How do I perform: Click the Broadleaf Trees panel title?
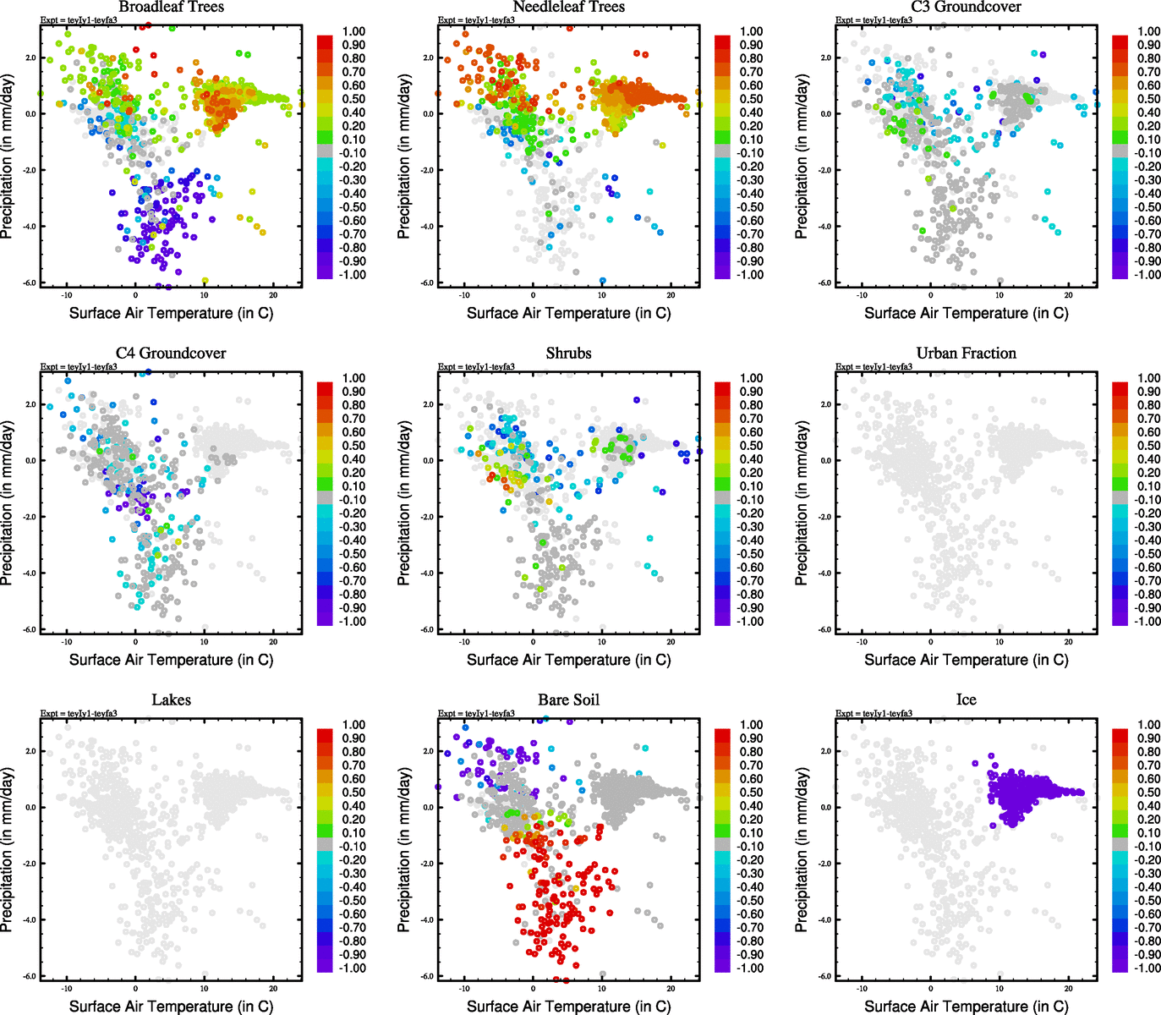171,7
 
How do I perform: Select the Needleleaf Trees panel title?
568,7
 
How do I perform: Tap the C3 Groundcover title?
966,7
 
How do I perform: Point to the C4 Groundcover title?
171,353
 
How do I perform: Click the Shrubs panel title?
568,353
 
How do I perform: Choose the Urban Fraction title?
966,353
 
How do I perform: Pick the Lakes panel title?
171,700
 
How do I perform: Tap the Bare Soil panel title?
568,700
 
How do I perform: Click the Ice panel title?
966,700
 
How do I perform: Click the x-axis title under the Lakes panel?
171,1006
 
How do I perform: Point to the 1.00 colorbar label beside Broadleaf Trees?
353,31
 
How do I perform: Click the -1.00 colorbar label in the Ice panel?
1147,968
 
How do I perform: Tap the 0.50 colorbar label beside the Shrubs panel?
751,446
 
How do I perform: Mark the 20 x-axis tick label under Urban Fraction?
1069,642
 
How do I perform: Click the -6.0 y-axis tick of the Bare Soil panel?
429,976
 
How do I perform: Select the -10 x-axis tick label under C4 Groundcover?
67,642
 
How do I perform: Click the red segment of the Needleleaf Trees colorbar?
722,41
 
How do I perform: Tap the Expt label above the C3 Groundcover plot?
873,19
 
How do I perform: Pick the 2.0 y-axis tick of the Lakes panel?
31,751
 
